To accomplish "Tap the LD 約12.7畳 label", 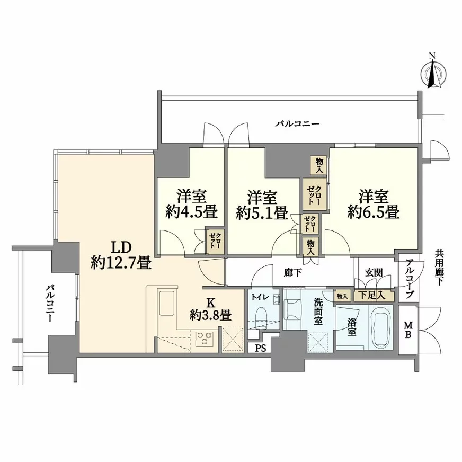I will point(121,254).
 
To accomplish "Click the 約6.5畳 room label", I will point(373,204).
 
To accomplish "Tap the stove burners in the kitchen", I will point(204,337).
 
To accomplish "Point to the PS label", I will point(260,348).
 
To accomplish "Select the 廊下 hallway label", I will point(292,273).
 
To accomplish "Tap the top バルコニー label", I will point(297,124).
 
